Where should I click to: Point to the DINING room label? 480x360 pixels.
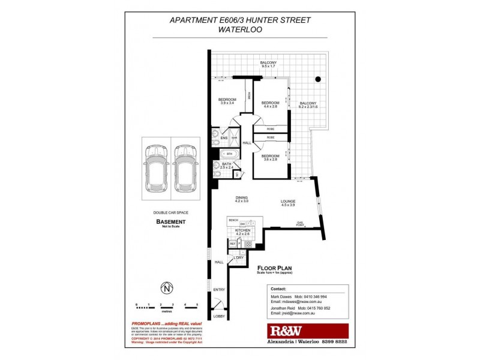[x=242, y=199]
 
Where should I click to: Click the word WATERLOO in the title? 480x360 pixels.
[x=240, y=29]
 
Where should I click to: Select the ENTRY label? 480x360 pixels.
[x=218, y=290]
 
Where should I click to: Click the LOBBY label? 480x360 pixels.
[x=217, y=316]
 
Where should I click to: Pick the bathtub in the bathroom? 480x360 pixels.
[x=229, y=154]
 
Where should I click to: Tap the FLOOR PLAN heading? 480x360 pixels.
[x=275, y=268]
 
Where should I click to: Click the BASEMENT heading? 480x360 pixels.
[x=171, y=221]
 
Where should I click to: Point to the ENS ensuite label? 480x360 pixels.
[x=224, y=138]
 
